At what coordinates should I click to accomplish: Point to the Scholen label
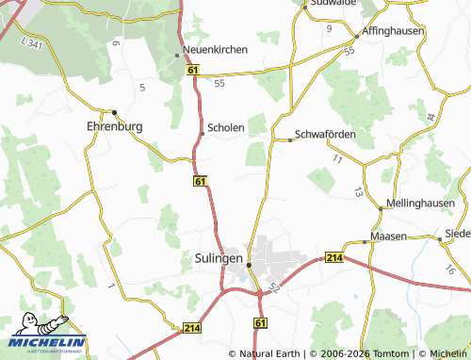tap(226, 127)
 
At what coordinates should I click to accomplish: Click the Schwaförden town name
tap(325, 134)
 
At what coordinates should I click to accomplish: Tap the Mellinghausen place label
tap(420, 203)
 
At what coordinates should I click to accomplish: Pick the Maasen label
tap(389, 236)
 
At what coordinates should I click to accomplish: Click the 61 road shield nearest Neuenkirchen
tap(193, 71)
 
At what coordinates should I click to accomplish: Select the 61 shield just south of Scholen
tap(201, 179)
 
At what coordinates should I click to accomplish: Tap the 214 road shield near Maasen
tap(334, 256)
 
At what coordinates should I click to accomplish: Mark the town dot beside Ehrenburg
tap(114, 111)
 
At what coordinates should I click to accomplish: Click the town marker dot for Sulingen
tap(249, 265)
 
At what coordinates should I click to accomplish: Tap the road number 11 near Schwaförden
tap(337, 158)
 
